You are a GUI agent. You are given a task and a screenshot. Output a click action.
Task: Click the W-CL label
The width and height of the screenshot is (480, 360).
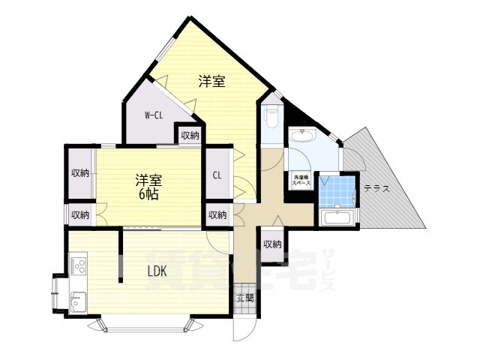pos(154,115)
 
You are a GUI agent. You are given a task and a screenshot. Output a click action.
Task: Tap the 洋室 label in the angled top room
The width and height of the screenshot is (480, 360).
pos(211,82)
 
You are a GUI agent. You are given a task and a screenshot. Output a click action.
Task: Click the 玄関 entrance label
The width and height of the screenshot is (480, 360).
pos(245,298)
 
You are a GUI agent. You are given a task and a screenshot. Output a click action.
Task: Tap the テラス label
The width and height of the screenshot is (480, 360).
pos(376,189)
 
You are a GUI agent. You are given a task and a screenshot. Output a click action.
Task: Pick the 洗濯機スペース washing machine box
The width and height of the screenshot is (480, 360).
pos(301,181)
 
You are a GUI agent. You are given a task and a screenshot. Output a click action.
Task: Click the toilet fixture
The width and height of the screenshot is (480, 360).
pos(271,116)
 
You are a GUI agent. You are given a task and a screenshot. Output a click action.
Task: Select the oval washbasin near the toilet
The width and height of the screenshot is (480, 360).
pos(303,137)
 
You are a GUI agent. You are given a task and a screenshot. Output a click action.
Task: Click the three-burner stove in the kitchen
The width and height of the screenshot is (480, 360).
pos(79,266)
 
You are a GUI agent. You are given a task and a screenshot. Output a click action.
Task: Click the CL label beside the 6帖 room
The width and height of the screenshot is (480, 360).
pos(217,175)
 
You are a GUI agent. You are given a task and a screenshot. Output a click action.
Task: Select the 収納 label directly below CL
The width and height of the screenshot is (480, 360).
pos(217,215)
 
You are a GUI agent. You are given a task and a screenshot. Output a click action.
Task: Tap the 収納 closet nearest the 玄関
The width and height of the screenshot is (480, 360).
pos(272,244)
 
